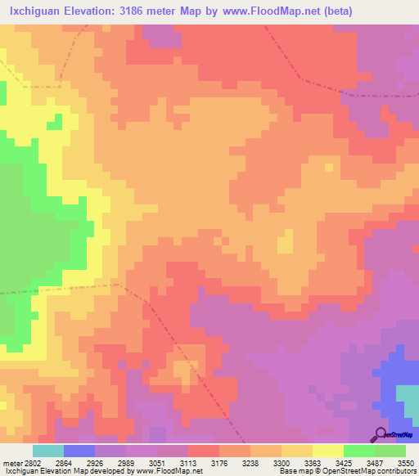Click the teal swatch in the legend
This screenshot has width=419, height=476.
pyautogui.click(x=48, y=451)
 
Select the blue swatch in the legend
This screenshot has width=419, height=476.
pyautogui.click(x=79, y=451)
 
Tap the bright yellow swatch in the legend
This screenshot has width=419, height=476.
pyautogui.click(x=328, y=451)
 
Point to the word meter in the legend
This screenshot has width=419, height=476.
pyautogui.click(x=9, y=462)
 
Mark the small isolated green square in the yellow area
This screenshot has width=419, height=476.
pyautogui.click(x=54, y=123)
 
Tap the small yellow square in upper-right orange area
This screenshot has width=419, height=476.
pyautogui.click(x=328, y=167)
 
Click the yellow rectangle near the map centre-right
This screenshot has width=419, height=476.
pyautogui.click(x=285, y=241)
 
